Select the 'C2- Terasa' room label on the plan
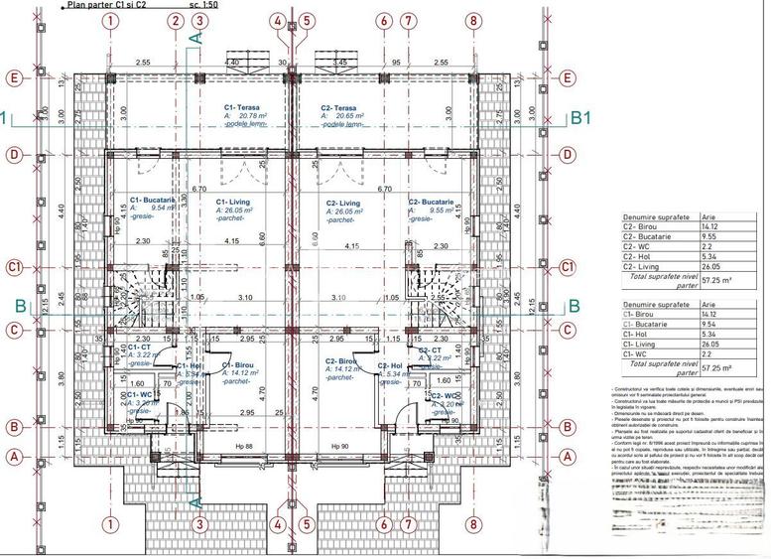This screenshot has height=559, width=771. [339, 107]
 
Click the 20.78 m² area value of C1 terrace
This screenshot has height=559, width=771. [252, 116]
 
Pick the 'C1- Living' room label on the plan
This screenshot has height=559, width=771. [235, 202]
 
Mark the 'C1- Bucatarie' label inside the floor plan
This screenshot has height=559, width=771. [153, 200]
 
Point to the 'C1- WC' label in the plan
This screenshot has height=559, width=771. [143, 394]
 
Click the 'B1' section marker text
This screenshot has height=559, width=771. [581, 117]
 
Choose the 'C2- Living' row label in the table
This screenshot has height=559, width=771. [640, 266]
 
